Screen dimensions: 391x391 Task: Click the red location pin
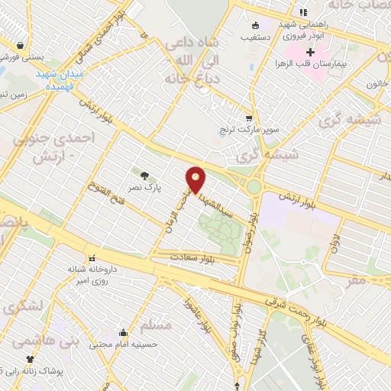click(197, 179)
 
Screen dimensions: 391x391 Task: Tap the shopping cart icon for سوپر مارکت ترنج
click(249, 118)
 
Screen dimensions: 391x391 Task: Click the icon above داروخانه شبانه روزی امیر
click(92, 257)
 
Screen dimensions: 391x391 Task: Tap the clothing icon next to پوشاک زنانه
click(31, 358)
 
